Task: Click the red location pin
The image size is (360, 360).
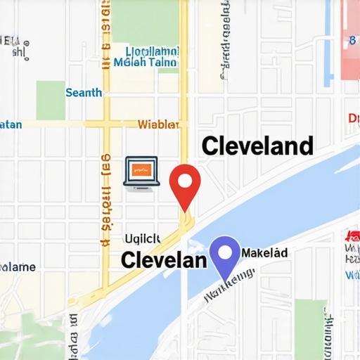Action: point(185,184)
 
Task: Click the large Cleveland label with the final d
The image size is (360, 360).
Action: point(257,146)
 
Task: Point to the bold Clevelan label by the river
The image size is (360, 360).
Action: point(164,259)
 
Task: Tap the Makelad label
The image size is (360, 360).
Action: point(264,252)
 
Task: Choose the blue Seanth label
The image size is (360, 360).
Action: point(84,93)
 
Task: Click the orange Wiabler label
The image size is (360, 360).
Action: point(159,125)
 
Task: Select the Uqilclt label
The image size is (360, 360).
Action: point(143,238)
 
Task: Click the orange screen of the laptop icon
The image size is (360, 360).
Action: point(141,169)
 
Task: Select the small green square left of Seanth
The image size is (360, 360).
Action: point(50,100)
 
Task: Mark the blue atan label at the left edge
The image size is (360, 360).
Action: point(11,124)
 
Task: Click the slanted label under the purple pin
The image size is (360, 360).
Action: point(229,288)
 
